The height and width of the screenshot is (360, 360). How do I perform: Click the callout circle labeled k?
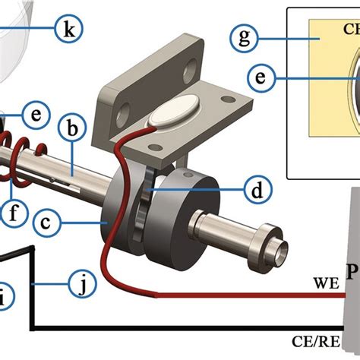click(68, 30)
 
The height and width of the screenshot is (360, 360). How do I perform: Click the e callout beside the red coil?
click(33, 115)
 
